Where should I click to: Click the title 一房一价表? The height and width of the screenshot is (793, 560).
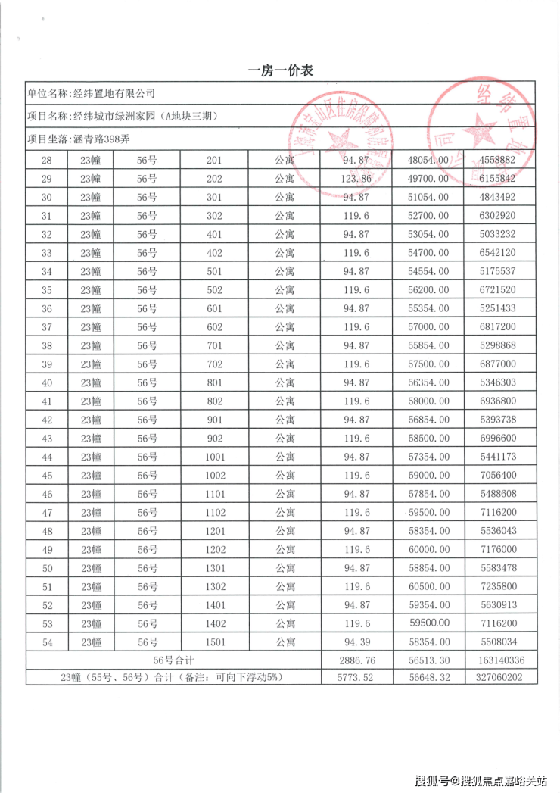point(281,70)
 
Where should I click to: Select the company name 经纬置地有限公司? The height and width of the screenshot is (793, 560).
point(113,93)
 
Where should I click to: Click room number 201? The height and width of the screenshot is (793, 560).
point(214,161)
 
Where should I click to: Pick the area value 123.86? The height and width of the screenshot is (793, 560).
point(356,179)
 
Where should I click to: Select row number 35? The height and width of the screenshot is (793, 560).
point(47,290)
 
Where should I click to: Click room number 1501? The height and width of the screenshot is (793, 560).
point(214,642)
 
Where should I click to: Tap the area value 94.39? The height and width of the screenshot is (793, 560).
point(356,642)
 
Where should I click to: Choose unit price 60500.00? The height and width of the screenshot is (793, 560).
point(428,586)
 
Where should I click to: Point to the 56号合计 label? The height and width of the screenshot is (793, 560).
point(173,660)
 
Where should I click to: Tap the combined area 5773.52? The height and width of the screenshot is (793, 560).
point(356,678)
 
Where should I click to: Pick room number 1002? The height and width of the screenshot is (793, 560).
point(214,475)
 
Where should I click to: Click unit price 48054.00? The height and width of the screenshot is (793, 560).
point(428,161)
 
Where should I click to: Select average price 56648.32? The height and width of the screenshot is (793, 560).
point(428,678)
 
